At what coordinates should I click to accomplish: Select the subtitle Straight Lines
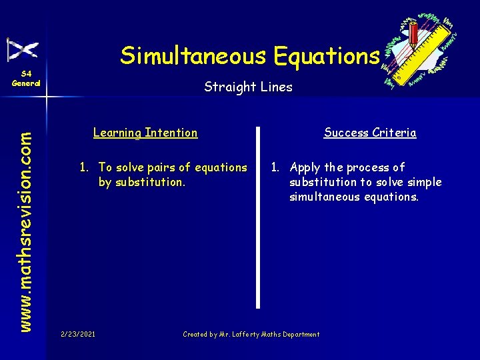(x=248, y=87)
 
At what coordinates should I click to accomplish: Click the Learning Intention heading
(x=145, y=133)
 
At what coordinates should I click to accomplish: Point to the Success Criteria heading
(x=370, y=133)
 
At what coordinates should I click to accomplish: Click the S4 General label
(x=26, y=79)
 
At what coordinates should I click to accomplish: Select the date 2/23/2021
(x=77, y=334)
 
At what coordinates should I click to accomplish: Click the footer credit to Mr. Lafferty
(x=251, y=334)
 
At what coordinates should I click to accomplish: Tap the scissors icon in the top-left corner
(x=22, y=49)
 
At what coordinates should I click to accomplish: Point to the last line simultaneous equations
(x=354, y=197)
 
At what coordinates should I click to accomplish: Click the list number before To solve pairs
(x=84, y=167)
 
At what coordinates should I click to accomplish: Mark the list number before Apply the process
(x=275, y=167)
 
